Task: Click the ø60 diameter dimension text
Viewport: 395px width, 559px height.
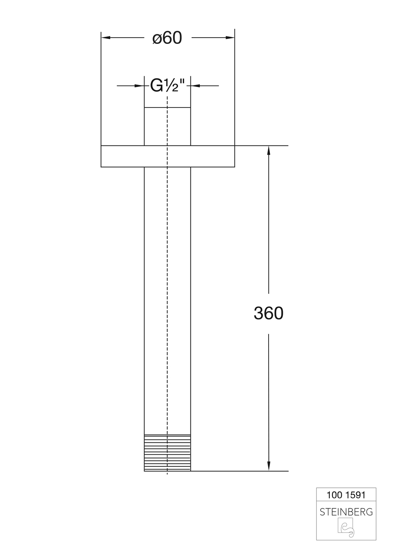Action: [x=167, y=38]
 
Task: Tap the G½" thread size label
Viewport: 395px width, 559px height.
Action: [x=167, y=85]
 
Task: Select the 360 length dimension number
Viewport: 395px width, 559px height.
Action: [x=269, y=313]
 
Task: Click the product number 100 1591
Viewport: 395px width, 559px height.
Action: [x=346, y=495]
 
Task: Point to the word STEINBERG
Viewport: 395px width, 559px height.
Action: [x=346, y=512]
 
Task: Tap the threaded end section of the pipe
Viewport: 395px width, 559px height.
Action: [x=167, y=453]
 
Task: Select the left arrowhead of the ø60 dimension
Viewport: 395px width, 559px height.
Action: [x=105, y=38]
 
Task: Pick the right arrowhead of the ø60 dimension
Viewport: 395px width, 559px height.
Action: [x=231, y=38]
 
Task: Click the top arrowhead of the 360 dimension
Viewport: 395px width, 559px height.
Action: [x=269, y=150]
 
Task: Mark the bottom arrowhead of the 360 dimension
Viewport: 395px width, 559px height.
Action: [x=269, y=467]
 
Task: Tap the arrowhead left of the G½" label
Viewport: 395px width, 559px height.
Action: [x=139, y=85]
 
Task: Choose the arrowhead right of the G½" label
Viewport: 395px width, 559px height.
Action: [x=195, y=85]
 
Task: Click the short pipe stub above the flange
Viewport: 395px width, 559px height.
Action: [x=156, y=127]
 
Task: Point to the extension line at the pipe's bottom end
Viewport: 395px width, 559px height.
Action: [x=241, y=471]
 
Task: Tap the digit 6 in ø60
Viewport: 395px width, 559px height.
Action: [x=167, y=38]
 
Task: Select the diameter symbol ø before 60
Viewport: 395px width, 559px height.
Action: [x=157, y=39]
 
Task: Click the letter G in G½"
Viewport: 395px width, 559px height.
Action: [x=156, y=85]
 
